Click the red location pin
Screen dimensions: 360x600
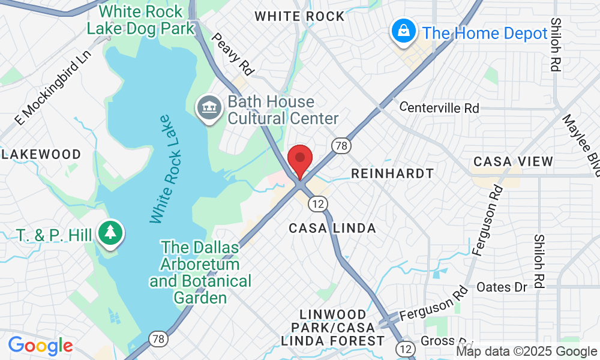300,160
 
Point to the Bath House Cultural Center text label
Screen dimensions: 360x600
282,111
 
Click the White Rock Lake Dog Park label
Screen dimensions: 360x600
141,19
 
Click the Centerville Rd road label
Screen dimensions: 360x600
439,108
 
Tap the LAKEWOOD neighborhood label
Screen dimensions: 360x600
41,155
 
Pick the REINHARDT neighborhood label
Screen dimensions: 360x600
392,173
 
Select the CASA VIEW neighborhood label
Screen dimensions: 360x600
513,161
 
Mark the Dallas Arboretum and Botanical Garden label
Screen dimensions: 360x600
200,272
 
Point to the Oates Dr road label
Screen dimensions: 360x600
502,287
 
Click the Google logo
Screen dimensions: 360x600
40,346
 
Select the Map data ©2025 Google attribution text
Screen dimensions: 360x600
527,352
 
